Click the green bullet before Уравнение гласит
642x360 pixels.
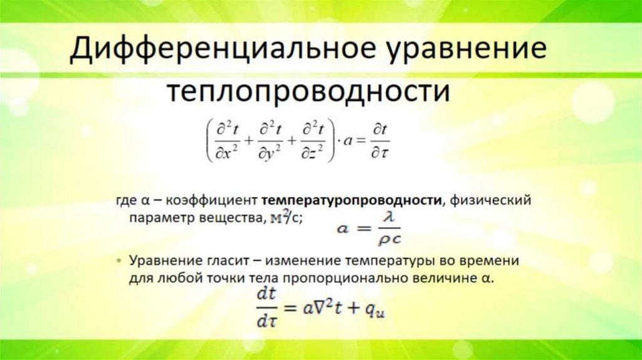(x=119, y=260)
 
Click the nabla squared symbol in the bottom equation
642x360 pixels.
(x=323, y=305)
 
